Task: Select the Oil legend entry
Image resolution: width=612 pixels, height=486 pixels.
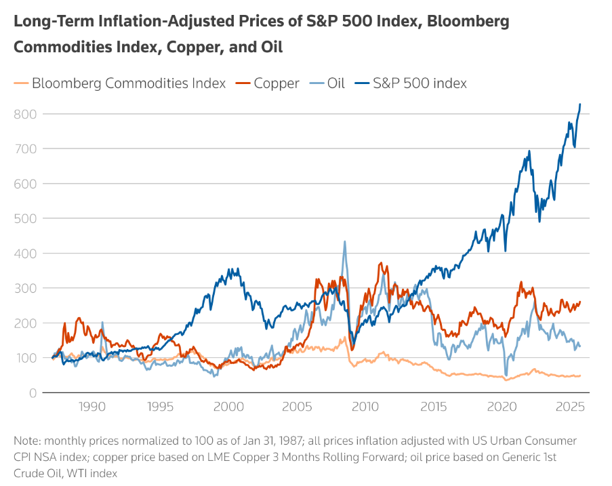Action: click(336, 83)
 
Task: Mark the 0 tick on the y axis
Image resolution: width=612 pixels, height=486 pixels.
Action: click(32, 392)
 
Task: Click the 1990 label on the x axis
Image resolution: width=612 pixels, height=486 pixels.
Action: click(91, 407)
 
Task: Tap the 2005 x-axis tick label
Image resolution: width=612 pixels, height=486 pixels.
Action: click(297, 407)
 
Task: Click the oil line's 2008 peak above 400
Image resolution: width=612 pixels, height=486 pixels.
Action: click(344, 241)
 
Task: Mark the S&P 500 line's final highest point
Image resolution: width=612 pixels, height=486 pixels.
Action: click(580, 104)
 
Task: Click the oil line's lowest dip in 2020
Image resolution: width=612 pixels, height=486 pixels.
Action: click(506, 375)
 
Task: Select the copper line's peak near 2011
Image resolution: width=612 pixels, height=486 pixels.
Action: click(380, 263)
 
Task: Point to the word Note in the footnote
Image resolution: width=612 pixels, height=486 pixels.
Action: click(26, 440)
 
